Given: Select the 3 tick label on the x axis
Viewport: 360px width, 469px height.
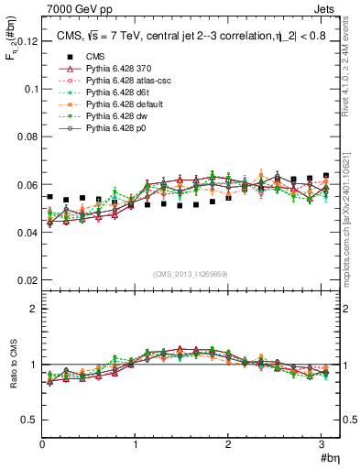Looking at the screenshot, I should click(321, 444).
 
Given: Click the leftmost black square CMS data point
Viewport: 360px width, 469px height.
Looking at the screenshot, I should click(50, 197).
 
